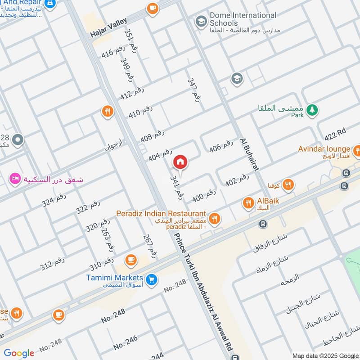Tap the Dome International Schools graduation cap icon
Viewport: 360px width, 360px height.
(200, 21)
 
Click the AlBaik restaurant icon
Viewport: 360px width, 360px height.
(248, 203)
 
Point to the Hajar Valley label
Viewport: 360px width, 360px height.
(109, 28)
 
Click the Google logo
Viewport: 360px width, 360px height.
(19, 353)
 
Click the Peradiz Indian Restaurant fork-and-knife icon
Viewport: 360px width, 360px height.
(215, 219)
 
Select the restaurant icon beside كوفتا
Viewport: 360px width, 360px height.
(288, 184)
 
